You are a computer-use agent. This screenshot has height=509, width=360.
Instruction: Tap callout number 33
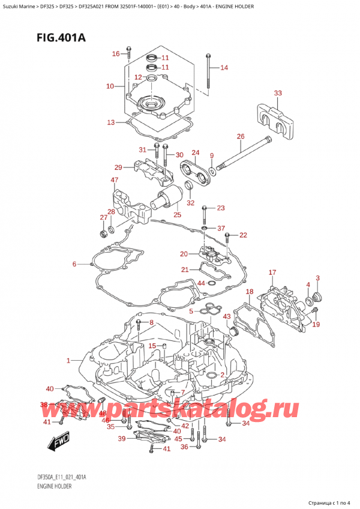point(277,93)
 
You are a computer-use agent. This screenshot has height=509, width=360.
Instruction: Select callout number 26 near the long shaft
point(240,136)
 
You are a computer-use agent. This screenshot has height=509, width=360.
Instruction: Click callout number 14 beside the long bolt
point(224,68)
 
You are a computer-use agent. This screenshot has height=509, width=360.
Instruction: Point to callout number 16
point(116,55)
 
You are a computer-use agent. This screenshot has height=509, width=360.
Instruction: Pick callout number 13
point(110,122)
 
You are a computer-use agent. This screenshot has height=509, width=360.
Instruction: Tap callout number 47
point(114,180)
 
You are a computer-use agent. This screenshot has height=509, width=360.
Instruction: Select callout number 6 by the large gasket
point(74,264)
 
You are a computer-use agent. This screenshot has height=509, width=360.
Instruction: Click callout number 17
point(272,273)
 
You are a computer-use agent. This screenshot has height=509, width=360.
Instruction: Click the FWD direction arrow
point(58,445)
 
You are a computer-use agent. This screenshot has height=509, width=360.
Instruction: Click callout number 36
point(184,446)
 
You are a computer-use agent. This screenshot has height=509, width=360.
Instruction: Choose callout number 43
point(226,316)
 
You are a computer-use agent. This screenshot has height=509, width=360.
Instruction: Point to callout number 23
point(220,208)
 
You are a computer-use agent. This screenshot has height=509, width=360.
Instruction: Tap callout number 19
point(316,325)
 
